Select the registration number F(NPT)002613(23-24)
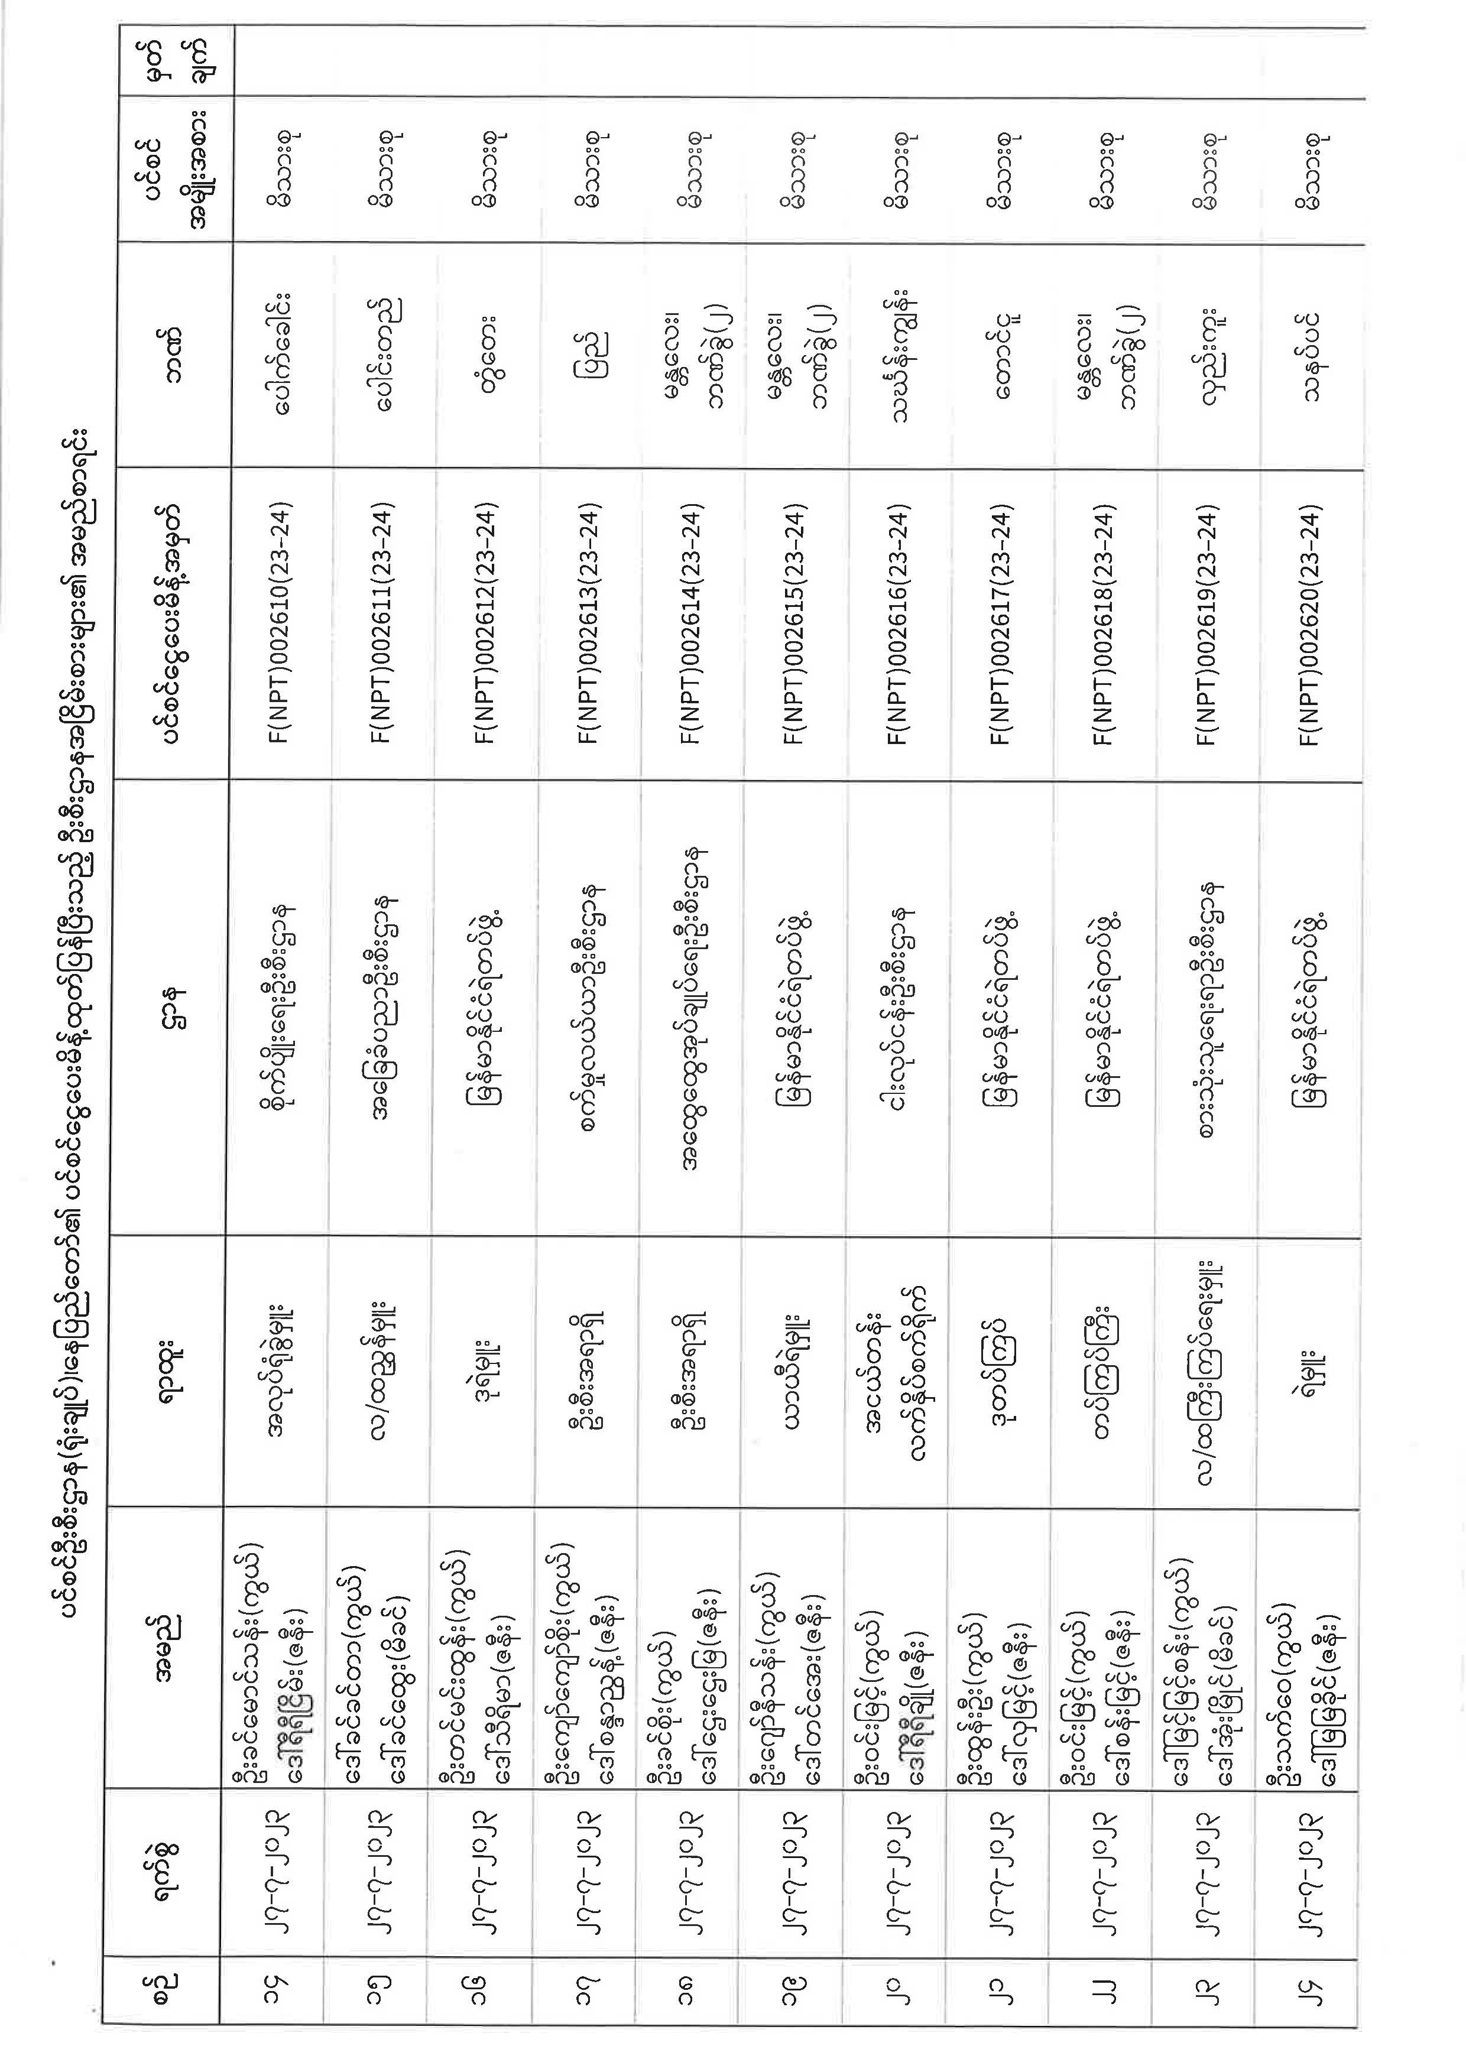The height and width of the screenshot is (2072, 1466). [589, 623]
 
